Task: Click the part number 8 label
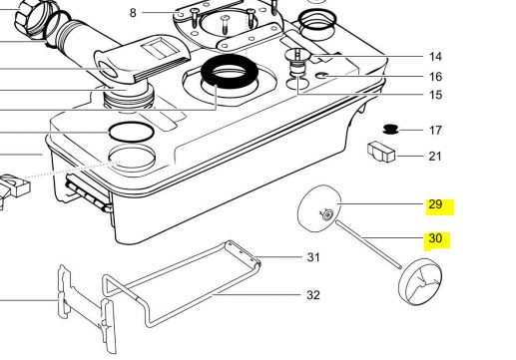click(133, 13)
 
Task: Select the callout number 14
click(435, 57)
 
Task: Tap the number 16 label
click(435, 77)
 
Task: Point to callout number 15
click(435, 95)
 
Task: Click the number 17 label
click(435, 130)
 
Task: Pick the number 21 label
click(435, 156)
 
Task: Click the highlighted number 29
click(435, 204)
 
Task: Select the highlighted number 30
click(435, 238)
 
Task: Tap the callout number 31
click(313, 257)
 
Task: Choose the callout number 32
click(313, 295)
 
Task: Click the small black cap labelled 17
click(390, 130)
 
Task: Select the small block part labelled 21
click(381, 152)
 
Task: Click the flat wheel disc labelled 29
click(319, 208)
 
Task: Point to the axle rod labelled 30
click(368, 244)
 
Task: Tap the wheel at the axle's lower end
click(420, 282)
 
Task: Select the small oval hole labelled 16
click(321, 76)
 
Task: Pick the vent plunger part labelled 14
click(297, 63)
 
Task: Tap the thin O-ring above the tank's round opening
click(132, 132)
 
